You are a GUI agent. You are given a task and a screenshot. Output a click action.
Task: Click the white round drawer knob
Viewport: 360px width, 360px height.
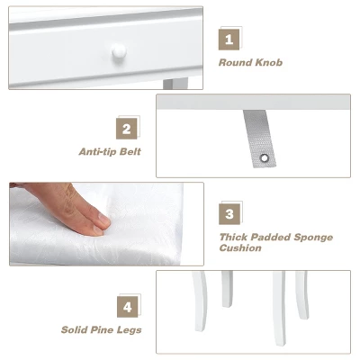click(118, 55)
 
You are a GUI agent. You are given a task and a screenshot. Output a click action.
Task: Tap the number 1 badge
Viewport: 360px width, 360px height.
click(229, 40)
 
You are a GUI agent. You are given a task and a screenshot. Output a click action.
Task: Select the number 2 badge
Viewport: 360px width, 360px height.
click(128, 129)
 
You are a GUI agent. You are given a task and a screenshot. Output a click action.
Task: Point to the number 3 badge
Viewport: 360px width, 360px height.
click(230, 215)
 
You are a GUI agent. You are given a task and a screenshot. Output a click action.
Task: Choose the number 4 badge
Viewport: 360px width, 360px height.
click(128, 307)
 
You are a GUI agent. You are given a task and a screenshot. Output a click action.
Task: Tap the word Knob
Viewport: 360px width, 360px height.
click(269, 63)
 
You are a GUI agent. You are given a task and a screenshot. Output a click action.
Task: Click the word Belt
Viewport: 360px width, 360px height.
click(130, 152)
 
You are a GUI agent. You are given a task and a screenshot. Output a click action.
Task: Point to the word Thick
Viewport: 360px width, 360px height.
click(236, 237)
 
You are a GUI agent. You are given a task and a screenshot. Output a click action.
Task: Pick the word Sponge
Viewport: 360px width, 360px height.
click(313, 237)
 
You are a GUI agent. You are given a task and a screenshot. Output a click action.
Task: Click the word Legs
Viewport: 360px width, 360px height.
click(131, 330)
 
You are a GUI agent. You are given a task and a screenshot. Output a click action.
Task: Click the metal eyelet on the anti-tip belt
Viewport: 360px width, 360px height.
click(265, 158)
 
